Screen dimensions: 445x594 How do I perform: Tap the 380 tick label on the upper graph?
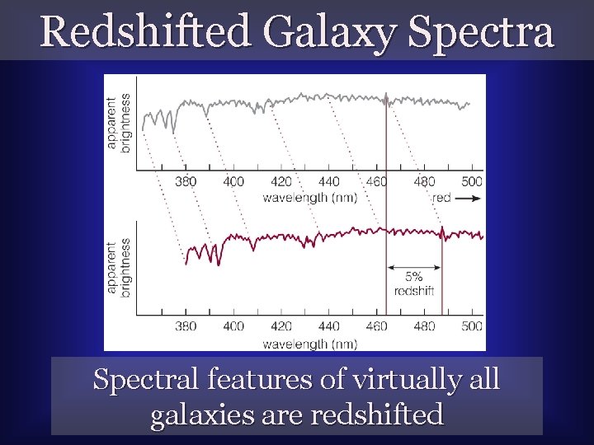(186, 181)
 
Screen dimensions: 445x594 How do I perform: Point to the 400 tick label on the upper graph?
(233, 181)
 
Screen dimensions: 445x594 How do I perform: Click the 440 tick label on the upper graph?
(328, 181)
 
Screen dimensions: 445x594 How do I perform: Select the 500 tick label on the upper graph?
(471, 181)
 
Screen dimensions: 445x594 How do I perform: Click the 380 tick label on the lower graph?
(186, 326)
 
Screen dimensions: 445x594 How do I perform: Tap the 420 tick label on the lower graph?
(281, 326)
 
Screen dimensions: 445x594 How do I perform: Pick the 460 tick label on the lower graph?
(376, 326)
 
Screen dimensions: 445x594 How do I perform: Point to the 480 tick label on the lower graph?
(424, 326)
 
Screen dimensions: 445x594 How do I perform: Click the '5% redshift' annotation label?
(414, 283)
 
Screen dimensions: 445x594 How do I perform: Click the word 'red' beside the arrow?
(441, 198)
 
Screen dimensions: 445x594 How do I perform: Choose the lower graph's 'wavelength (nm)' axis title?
(309, 344)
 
